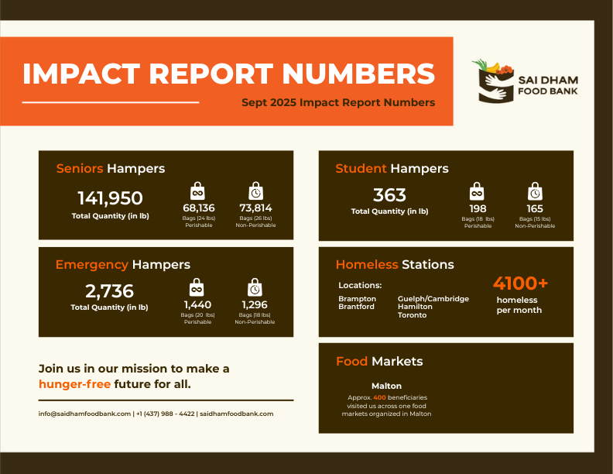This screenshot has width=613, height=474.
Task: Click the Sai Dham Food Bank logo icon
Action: pos(494,81)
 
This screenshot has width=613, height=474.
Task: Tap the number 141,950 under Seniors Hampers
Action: pos(110,198)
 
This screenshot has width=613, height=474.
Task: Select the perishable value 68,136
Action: pos(198,208)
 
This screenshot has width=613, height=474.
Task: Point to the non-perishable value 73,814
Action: pos(255,208)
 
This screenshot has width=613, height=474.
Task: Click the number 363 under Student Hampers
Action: pos(389,195)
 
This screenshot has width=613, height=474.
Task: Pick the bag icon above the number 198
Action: pos(478,191)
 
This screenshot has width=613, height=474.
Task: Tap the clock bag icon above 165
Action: pos(535,191)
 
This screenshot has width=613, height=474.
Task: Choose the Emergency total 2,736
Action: pos(109,291)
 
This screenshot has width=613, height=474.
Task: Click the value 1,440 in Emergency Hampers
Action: pos(197,304)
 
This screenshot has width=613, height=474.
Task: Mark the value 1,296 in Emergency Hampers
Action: pos(255,304)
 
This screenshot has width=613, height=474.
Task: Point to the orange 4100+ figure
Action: pos(520,283)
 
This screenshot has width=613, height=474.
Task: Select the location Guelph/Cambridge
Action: pos(433,298)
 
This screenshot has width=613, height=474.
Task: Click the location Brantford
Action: pos(357,307)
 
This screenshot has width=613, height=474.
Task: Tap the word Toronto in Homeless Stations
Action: pos(412,315)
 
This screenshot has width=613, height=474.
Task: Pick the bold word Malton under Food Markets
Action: pos(386,386)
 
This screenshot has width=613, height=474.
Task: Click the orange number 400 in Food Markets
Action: pos(379,397)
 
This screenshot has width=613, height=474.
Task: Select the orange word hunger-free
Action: pos(74,384)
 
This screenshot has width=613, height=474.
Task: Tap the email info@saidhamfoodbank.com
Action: pos(84,414)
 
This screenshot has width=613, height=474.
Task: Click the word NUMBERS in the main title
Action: pos(358,74)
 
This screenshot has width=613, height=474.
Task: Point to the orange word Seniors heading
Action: pos(80,168)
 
